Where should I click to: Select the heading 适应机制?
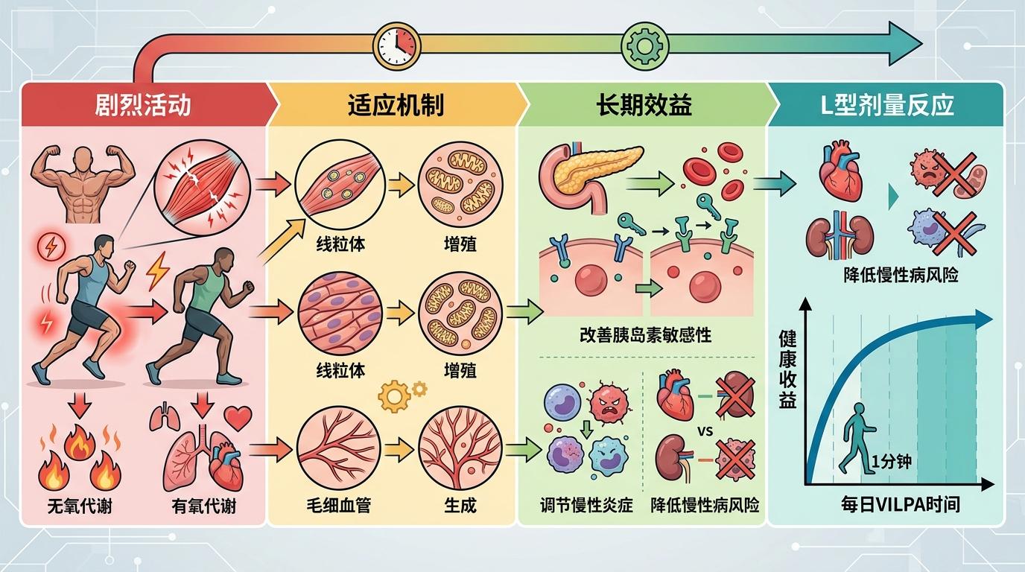point(396,105)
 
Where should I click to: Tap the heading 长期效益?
point(644,105)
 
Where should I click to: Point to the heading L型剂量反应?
point(887,105)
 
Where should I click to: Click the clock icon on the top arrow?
point(395,45)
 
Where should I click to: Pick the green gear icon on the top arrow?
point(643,45)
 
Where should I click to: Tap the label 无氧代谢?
point(77,506)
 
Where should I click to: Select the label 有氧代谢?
point(203,506)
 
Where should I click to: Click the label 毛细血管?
point(339,506)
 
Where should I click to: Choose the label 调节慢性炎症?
point(586,505)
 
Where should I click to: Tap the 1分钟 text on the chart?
point(891,462)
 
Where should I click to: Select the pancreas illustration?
point(588,171)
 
